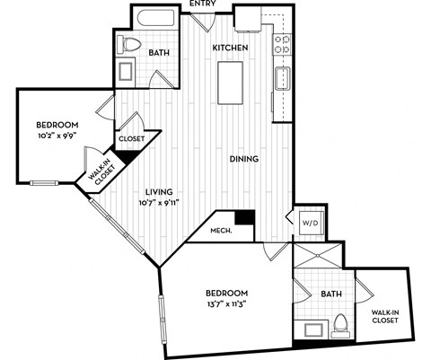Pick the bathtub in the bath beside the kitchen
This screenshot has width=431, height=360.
pyautogui.click(x=159, y=19)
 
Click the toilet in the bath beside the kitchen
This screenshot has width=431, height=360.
pyautogui.click(x=130, y=46)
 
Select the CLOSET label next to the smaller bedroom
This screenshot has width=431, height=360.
pyautogui.click(x=131, y=139)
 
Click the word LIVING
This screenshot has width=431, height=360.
pyautogui.click(x=159, y=191)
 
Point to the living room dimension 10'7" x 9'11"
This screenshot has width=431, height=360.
pyautogui.click(x=159, y=203)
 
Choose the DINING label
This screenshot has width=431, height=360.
pyautogui.click(x=243, y=159)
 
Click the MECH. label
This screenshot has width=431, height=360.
pyautogui.click(x=221, y=231)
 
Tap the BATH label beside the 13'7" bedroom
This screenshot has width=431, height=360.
pyautogui.click(x=330, y=292)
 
